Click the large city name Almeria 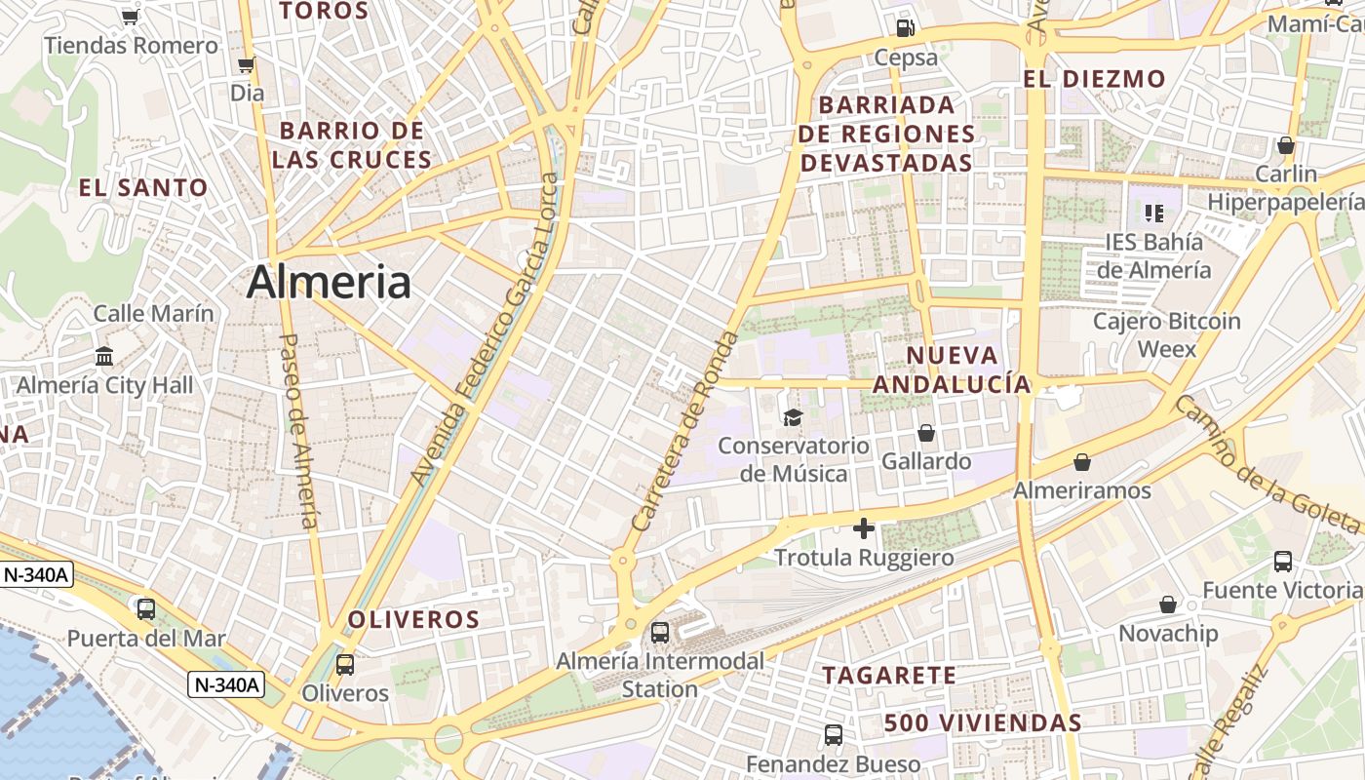tap(329, 283)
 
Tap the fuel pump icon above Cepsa tap(905, 27)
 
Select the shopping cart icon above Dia tap(247, 65)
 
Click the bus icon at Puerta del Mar tap(146, 609)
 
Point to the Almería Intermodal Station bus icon tap(660, 632)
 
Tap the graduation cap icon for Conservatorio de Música tap(793, 417)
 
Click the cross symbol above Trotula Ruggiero tap(863, 528)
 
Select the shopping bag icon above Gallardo tap(926, 432)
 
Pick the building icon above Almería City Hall tap(104, 356)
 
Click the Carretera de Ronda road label tap(686, 431)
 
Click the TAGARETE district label tap(889, 675)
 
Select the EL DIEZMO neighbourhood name tap(1094, 79)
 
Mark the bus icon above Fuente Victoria tap(1283, 562)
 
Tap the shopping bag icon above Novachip tap(1168, 605)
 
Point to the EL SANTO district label tap(143, 188)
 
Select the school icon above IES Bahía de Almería tap(1154, 213)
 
